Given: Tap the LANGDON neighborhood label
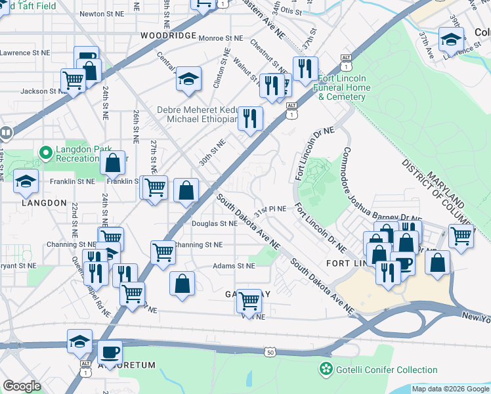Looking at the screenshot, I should click(44, 203).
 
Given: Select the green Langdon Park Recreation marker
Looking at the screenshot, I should click(46, 152).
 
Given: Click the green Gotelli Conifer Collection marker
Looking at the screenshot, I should click(324, 370).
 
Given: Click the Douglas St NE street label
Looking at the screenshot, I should click(214, 223).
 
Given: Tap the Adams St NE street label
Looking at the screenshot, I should click(233, 266).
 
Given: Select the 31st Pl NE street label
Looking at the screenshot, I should click(271, 209).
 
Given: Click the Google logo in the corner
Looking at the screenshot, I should click(22, 386).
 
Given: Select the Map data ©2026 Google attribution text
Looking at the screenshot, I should click(450, 389).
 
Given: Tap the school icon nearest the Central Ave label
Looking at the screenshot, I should click(188, 79).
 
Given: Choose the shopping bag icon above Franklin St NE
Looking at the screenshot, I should click(113, 162).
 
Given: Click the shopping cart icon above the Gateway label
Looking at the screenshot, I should click(249, 299).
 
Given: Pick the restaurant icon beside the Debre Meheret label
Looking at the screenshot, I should click(249, 118).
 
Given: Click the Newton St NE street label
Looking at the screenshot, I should click(101, 13).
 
